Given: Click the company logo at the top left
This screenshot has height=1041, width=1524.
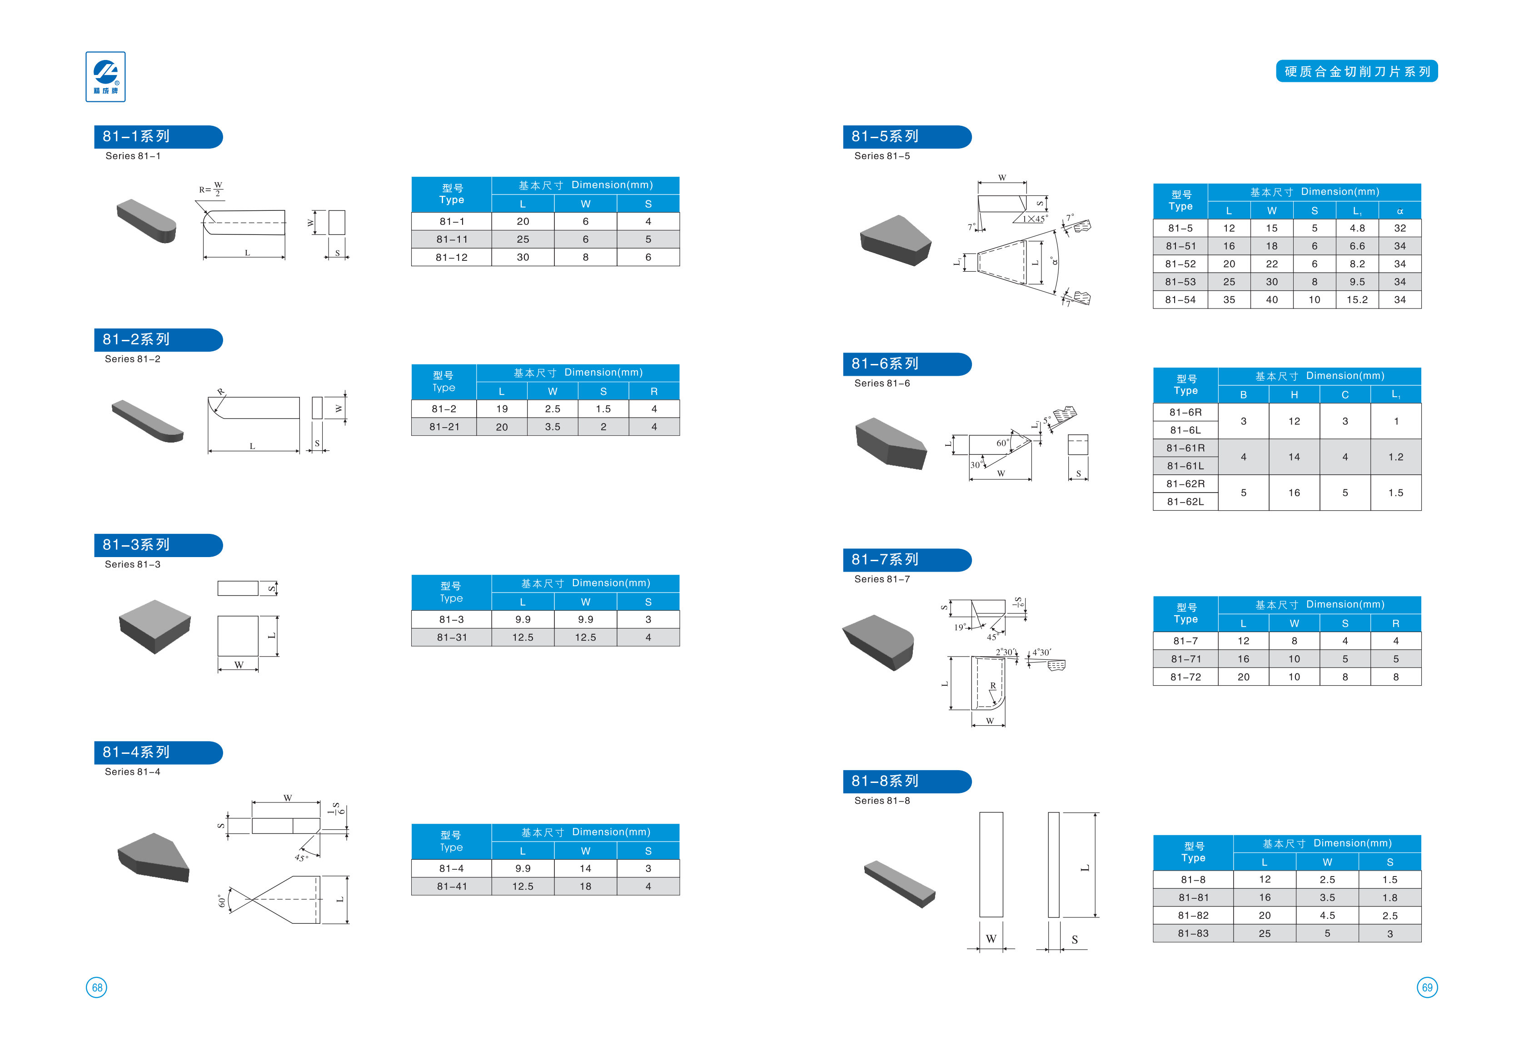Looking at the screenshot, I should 105,77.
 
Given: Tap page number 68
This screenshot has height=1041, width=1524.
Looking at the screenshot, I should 96,987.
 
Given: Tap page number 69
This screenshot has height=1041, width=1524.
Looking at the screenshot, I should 1427,987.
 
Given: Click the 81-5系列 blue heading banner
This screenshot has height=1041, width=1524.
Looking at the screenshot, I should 906,136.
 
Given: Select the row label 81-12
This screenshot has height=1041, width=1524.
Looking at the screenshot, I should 451,257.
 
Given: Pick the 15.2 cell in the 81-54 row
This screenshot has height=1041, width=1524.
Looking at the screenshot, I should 1357,300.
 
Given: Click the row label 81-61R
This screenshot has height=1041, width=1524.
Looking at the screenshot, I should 1185,448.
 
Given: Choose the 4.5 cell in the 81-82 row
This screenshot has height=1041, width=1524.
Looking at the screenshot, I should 1327,916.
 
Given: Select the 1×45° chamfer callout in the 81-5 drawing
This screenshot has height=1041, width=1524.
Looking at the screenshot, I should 1035,219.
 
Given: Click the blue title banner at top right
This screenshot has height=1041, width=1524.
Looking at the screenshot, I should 1356,71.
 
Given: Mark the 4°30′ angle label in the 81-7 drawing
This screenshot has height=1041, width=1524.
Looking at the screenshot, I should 1041,652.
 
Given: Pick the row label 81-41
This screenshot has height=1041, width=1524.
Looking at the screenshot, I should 451,886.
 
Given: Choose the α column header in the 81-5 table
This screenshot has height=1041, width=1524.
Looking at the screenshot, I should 1399,210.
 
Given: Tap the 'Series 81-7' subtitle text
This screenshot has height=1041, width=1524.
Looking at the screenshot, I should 882,579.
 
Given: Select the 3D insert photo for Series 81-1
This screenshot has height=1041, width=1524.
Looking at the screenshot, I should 147,220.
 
